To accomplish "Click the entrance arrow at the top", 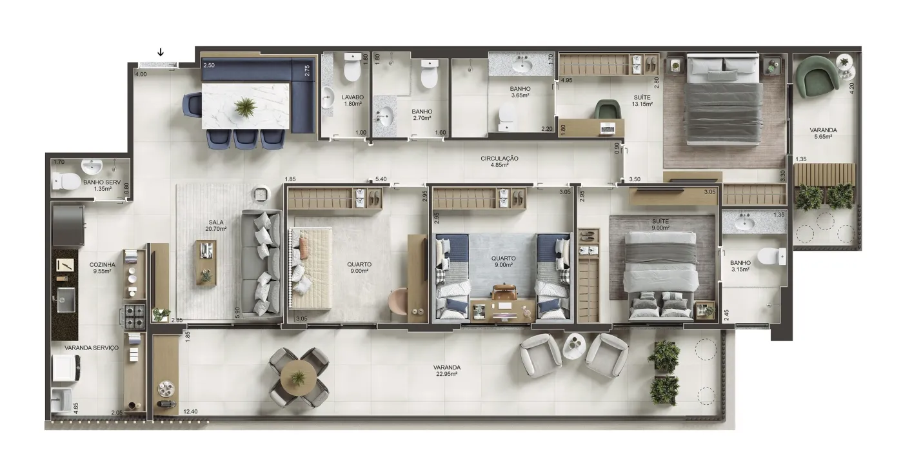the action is pos(161,52).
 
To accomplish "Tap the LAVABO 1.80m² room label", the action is pos(352,101).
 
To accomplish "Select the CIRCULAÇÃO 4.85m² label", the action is pos(499,162).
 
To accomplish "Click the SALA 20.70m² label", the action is pos(215,225).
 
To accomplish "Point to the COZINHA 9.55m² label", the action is pos(102,268).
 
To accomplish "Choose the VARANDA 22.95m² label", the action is pos(446,371).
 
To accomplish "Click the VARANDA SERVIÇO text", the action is pos(92,348).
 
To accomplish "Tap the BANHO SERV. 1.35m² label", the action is pos(103,186).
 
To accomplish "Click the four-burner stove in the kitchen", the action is pos(134,316).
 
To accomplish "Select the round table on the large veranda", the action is pos(298,377).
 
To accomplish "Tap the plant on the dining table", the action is pos(244,107).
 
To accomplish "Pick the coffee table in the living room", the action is pos(206,263).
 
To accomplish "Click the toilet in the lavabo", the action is pos(352,69).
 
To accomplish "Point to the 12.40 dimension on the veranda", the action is pos(190,411).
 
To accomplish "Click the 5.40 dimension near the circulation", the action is pos(381,179).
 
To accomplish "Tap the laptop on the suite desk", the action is pos(608,128).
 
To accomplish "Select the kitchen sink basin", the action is pos(66,300).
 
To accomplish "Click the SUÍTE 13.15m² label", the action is pos(642,101).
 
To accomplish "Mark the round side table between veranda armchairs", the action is pos(574,347).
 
